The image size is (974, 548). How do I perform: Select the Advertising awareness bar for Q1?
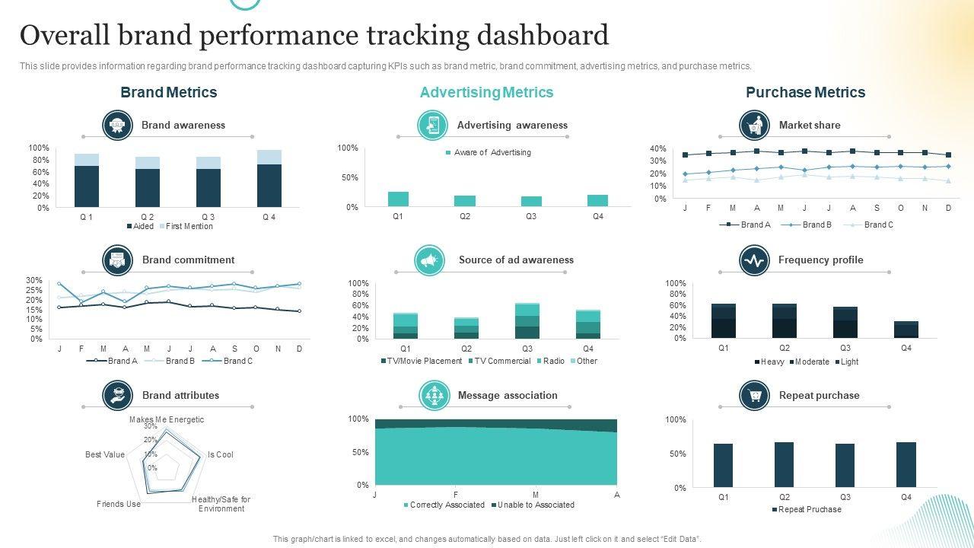(x=398, y=199)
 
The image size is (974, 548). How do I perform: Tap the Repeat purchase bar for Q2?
(x=784, y=464)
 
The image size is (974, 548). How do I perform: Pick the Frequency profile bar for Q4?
(x=906, y=330)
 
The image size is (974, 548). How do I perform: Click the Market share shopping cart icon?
(x=754, y=126)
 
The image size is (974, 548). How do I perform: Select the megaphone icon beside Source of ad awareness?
(x=430, y=260)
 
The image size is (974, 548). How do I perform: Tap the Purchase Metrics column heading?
(x=805, y=92)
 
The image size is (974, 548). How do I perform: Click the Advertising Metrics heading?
(x=486, y=92)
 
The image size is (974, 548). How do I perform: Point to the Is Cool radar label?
(x=221, y=454)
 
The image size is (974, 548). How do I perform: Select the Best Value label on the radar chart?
(x=105, y=454)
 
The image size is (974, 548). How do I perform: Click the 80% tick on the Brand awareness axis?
(x=39, y=160)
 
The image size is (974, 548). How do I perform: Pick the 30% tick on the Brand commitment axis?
(x=34, y=280)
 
